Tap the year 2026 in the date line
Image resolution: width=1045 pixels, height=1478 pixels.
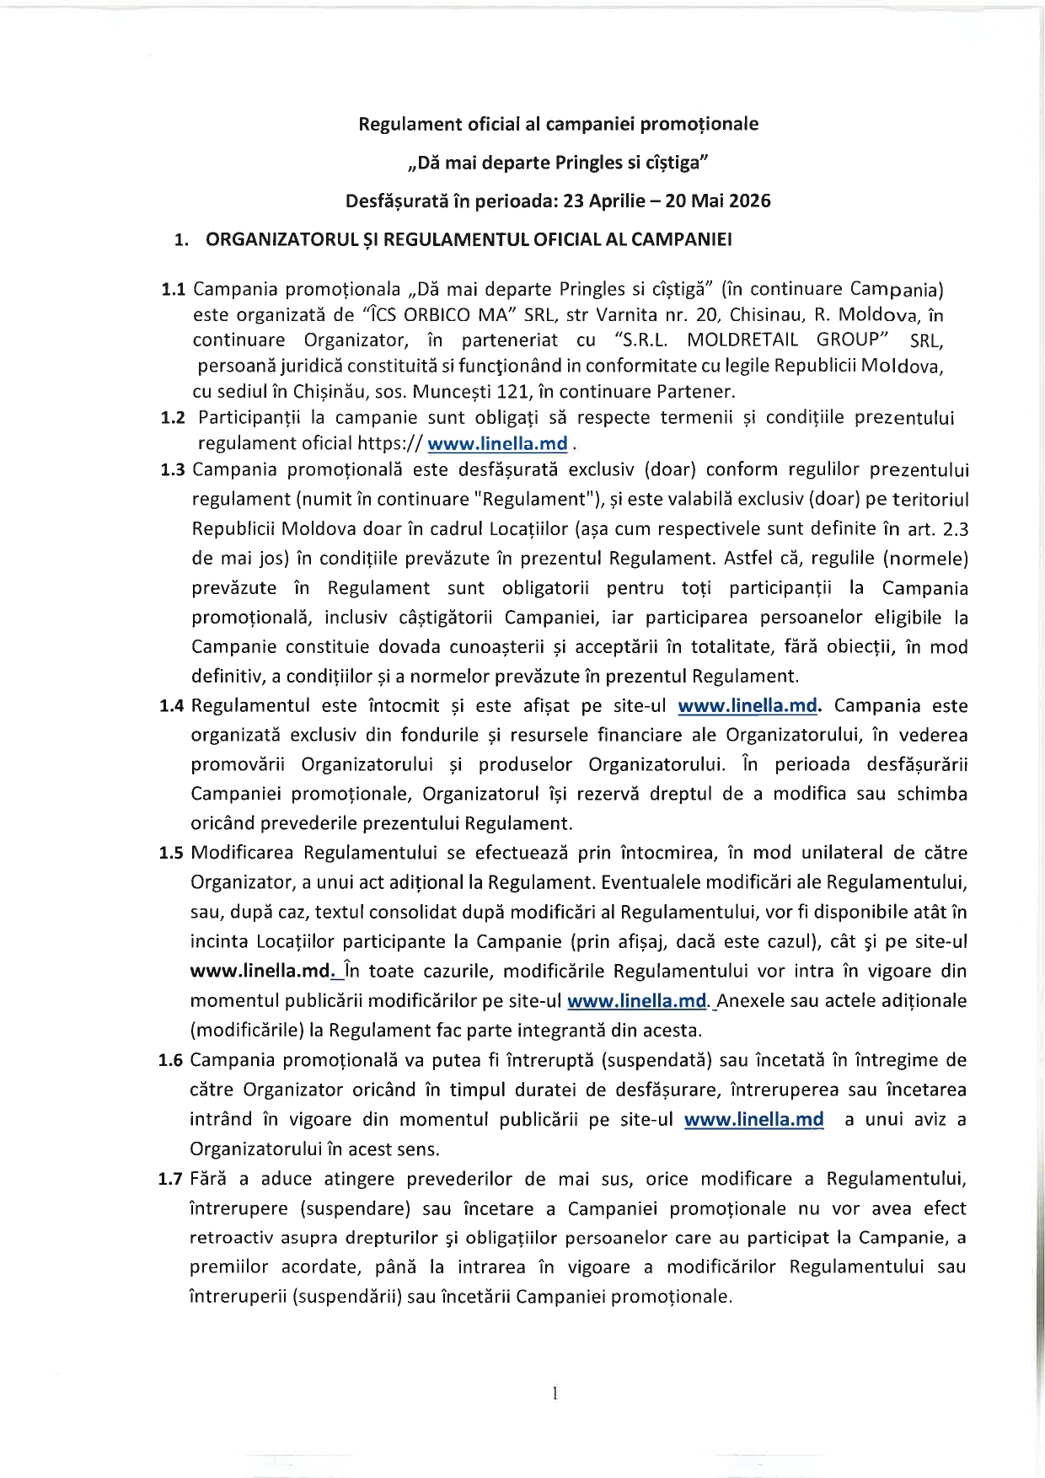point(750,201)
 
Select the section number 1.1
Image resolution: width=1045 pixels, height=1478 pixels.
point(173,290)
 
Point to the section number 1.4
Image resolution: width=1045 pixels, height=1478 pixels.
point(171,706)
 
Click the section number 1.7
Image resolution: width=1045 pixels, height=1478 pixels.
point(170,1179)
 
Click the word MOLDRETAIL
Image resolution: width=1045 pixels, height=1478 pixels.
point(742,340)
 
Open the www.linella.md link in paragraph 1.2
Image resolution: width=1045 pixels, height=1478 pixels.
point(497,444)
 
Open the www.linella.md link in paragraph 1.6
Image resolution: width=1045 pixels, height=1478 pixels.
point(753,1120)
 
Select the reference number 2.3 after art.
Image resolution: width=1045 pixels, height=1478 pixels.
point(952,529)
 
